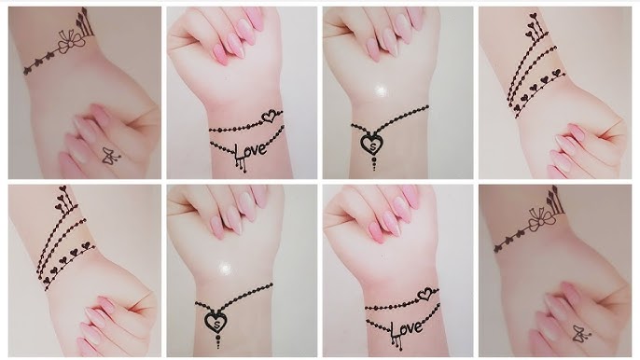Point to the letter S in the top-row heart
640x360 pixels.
point(372,144)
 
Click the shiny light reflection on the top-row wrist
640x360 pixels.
point(379,91)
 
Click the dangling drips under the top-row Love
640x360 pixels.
point(240,165)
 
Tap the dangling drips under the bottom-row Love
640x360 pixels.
point(398,342)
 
